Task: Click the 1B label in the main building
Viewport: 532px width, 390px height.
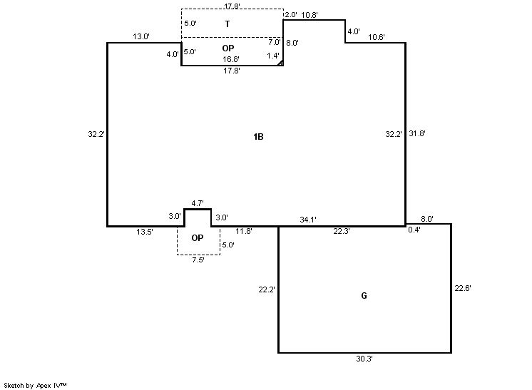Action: (x=258, y=137)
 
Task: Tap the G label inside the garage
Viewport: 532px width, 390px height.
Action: (x=364, y=295)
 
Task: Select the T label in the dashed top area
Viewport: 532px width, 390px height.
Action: (x=227, y=24)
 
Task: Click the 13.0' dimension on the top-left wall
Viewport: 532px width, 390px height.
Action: (x=140, y=36)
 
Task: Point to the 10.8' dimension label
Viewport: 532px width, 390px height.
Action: (x=310, y=14)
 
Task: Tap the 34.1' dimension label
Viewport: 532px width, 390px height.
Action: (x=308, y=219)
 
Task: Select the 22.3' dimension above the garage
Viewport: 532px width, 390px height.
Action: (x=341, y=231)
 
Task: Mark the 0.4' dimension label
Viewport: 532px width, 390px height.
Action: (x=414, y=230)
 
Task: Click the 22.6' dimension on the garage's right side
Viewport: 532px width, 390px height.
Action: (x=463, y=288)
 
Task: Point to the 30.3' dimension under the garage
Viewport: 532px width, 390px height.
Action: (x=364, y=359)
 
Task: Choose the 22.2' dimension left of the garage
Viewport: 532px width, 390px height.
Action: (x=267, y=289)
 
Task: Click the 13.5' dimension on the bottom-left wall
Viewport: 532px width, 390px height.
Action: (x=144, y=231)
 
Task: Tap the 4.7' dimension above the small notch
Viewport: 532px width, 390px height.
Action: (x=198, y=203)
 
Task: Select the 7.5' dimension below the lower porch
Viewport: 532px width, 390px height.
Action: (x=198, y=260)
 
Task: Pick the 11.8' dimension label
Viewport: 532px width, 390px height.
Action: (x=244, y=231)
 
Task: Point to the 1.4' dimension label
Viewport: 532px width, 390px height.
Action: (x=273, y=56)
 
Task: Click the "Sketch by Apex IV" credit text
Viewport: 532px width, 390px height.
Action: (x=35, y=385)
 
